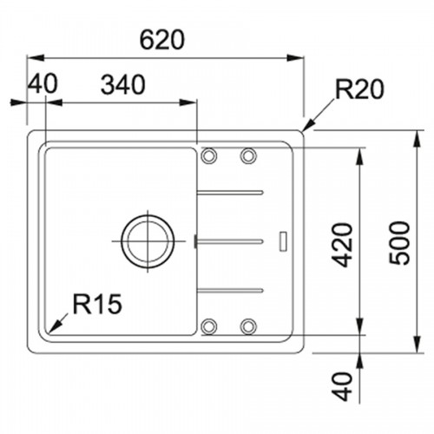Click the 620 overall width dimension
(161, 39)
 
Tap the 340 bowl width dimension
(123, 84)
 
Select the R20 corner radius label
(359, 89)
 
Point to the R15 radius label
(97, 304)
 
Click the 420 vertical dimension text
(343, 245)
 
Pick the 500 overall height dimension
(399, 243)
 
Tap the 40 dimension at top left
(43, 83)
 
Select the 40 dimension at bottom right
(343, 386)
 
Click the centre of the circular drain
(148, 241)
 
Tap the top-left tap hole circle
(208, 155)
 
